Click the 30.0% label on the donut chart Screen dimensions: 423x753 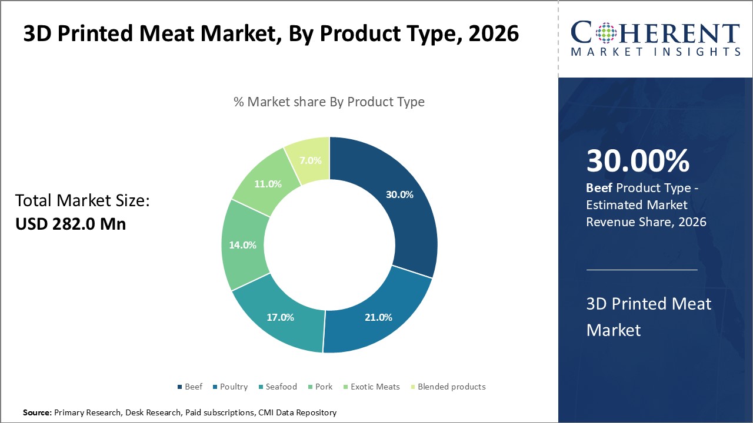[399, 194]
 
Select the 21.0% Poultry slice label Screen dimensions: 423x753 [378, 317]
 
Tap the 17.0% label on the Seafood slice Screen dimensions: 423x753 [279, 317]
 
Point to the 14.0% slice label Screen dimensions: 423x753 [242, 245]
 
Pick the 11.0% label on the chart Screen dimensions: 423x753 [268, 183]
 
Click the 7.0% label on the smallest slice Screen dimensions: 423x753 [310, 159]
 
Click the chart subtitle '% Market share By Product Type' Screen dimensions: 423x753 [329, 102]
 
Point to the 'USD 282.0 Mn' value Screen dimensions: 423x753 [71, 224]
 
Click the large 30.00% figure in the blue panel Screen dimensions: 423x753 [638, 161]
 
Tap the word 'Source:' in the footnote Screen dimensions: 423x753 [37, 413]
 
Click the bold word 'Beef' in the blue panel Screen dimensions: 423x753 [599, 188]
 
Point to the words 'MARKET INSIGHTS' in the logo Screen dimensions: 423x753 [655, 52]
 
